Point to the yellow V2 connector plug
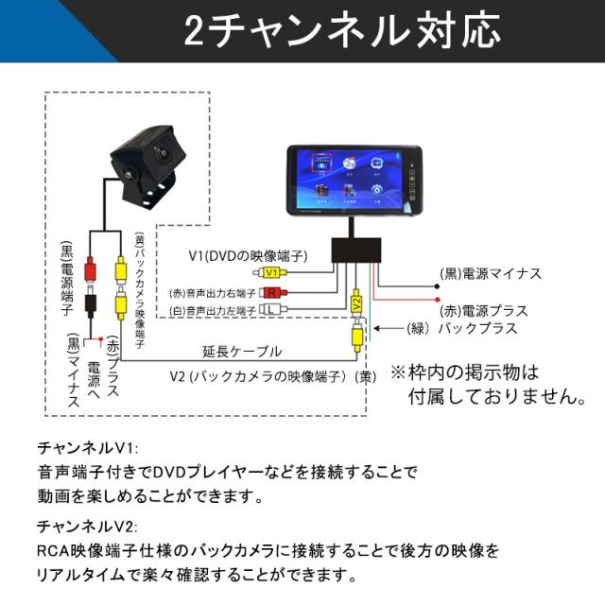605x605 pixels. click(356, 303)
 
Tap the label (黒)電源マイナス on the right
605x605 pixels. click(491, 274)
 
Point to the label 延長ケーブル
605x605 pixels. click(242, 352)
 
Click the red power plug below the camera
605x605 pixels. click(92, 270)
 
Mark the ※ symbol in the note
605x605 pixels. click(398, 370)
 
